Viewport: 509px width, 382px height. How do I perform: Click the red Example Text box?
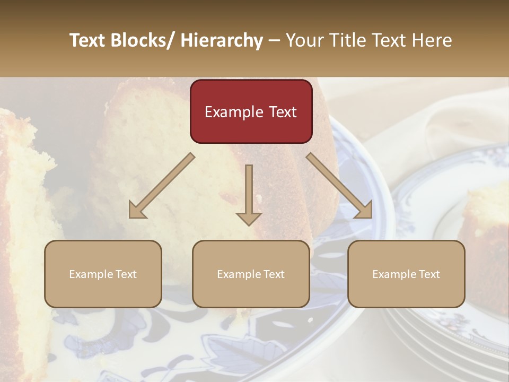pos(251,111)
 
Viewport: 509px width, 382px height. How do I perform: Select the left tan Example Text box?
pos(103,274)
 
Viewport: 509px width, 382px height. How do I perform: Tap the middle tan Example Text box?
pos(251,274)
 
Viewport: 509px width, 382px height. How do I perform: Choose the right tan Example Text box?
pos(406,274)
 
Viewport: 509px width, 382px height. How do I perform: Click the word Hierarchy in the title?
pos(222,40)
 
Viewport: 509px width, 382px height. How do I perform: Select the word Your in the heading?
pos(304,40)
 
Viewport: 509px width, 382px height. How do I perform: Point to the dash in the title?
pos(274,40)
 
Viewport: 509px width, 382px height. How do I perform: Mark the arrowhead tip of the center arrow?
pos(249,224)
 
